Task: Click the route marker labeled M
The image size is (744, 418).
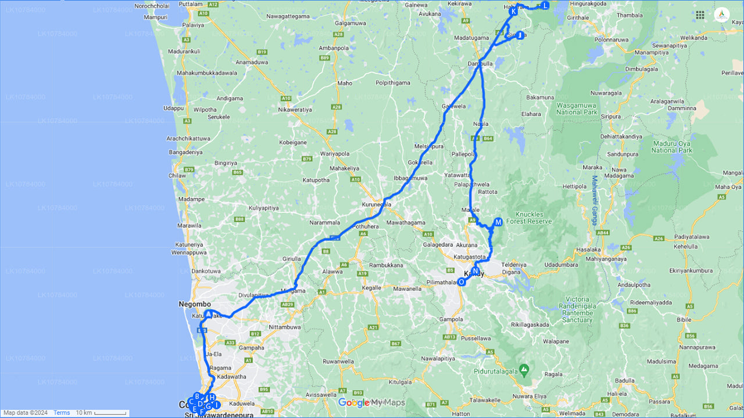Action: pos(498,222)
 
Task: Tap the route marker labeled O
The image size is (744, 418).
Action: pos(462,282)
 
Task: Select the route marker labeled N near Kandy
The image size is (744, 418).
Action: pos(475,271)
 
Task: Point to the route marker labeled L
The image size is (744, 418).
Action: pos(545,5)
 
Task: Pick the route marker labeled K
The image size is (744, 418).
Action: pos(513,11)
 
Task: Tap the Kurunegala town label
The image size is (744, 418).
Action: pos(377,205)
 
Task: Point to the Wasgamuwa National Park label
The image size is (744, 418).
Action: pos(577,109)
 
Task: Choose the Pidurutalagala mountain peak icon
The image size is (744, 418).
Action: pos(524,369)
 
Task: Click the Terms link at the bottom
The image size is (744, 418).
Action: pos(62,413)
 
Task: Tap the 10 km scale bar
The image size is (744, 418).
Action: pos(102,413)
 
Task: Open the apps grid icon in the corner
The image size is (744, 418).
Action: pos(700,15)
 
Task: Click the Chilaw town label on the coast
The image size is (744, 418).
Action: pos(177,175)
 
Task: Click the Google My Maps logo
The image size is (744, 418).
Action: pos(371,403)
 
